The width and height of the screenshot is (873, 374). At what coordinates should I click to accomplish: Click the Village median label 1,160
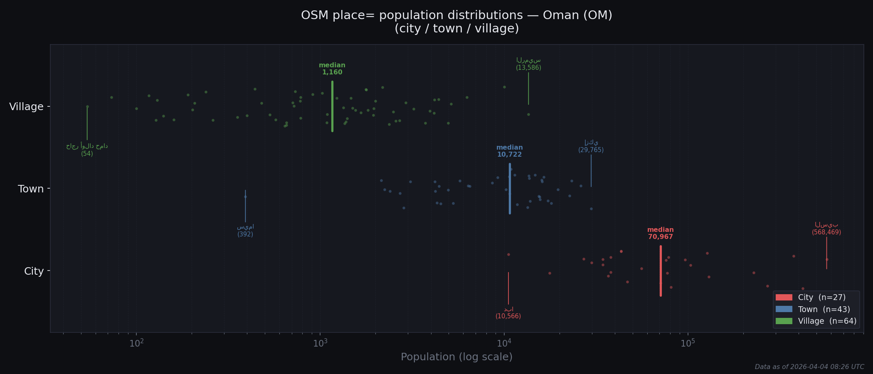coord(332,69)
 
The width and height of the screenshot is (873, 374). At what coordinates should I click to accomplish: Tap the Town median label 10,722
coord(509,151)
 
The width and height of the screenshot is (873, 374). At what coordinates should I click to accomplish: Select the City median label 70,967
coord(660,234)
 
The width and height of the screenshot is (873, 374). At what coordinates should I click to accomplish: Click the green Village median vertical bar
coord(332,106)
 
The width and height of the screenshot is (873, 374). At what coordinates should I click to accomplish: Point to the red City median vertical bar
coord(661,271)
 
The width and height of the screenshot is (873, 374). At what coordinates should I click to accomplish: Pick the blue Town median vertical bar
coord(510,189)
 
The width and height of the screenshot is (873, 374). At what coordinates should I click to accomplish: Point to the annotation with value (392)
coord(245,231)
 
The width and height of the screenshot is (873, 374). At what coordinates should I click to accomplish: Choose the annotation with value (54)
coord(87,150)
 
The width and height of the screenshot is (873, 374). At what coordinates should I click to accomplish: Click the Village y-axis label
coord(26,107)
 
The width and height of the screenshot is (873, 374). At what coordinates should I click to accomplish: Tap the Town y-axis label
coord(30,189)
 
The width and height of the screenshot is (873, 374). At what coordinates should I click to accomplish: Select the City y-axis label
coord(34,271)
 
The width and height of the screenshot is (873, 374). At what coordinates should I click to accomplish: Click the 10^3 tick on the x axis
coord(320,343)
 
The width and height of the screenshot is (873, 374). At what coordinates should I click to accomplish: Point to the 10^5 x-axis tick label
coord(688,343)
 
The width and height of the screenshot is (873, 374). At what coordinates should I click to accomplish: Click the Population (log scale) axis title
coord(456,357)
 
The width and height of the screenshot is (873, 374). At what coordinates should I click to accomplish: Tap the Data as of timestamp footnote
coord(809,367)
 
